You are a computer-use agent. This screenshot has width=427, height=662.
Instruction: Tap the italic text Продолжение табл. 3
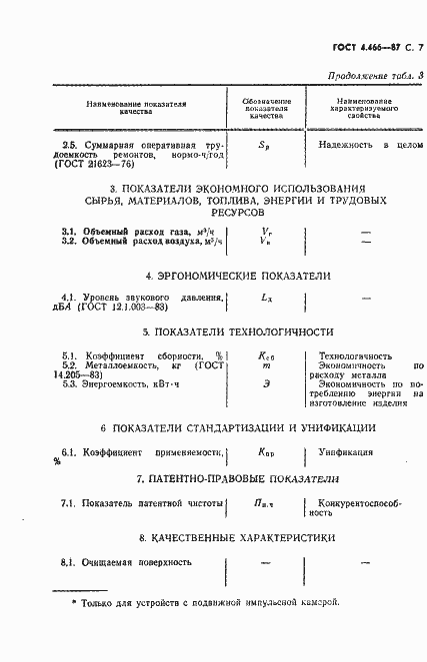pos(364,77)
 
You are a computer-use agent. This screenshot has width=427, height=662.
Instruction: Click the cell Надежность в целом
pos(364,146)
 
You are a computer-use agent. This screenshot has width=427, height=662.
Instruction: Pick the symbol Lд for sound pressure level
pos(266,298)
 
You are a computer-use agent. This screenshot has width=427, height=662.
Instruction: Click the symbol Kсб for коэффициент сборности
pos(266,356)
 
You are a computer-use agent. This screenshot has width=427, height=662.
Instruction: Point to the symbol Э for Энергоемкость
pos(266,381)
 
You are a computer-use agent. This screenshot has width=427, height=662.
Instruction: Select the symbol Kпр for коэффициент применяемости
pos(266,452)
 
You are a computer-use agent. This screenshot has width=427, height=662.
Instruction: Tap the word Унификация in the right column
pos(346,452)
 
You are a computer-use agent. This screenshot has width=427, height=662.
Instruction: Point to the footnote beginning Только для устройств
pos(205,604)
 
